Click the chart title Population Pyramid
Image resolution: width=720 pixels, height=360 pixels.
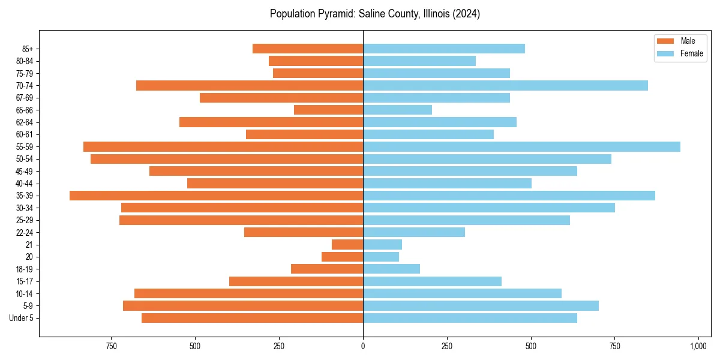click(374, 14)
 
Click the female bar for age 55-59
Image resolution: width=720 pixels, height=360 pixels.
click(521, 146)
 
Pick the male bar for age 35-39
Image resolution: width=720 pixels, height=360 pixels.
click(216, 196)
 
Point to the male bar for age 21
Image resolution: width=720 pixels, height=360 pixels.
click(347, 245)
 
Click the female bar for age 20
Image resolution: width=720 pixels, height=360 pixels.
click(381, 257)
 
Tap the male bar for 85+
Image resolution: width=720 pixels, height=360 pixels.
click(308, 49)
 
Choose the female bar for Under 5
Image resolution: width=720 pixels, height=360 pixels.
click(470, 318)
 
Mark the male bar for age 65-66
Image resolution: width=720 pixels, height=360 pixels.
click(328, 110)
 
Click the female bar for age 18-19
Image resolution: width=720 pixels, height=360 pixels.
click(391, 269)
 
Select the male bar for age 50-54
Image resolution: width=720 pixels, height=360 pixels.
click(227, 159)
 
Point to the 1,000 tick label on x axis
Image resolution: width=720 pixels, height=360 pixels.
click(698, 346)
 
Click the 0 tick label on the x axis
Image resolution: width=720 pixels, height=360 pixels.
click(363, 346)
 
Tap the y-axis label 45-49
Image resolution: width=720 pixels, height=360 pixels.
click(25, 171)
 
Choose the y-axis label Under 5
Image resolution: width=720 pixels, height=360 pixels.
click(22, 318)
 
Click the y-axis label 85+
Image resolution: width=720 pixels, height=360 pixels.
click(28, 49)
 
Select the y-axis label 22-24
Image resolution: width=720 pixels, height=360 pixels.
click(25, 232)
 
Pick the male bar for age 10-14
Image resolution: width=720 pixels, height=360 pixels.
click(248, 293)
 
